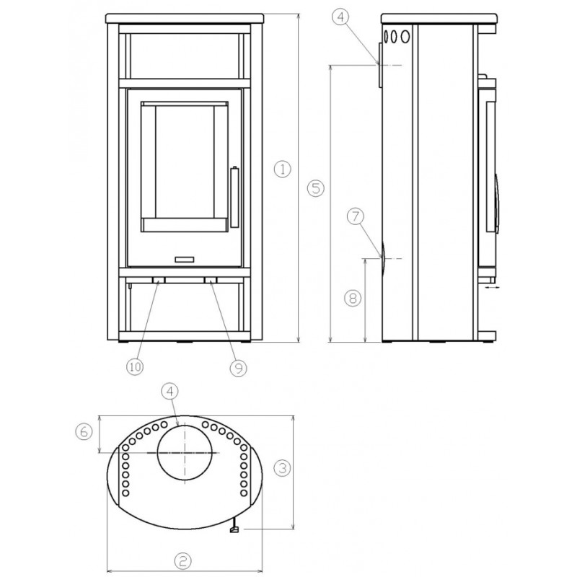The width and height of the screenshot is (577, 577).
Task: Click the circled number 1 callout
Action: (282, 169)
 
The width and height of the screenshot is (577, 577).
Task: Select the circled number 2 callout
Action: (183, 561)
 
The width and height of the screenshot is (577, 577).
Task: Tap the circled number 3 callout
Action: (282, 468)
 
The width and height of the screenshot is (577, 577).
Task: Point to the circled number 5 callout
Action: (316, 188)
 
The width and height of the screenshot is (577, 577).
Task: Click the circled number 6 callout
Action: (84, 431)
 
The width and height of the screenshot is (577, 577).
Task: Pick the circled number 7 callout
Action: (356, 216)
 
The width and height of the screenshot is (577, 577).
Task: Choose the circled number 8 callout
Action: (353, 298)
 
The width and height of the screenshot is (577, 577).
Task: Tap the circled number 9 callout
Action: (238, 368)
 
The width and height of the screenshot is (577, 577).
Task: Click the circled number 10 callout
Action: (135, 366)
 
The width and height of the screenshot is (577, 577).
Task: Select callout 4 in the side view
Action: (341, 17)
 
